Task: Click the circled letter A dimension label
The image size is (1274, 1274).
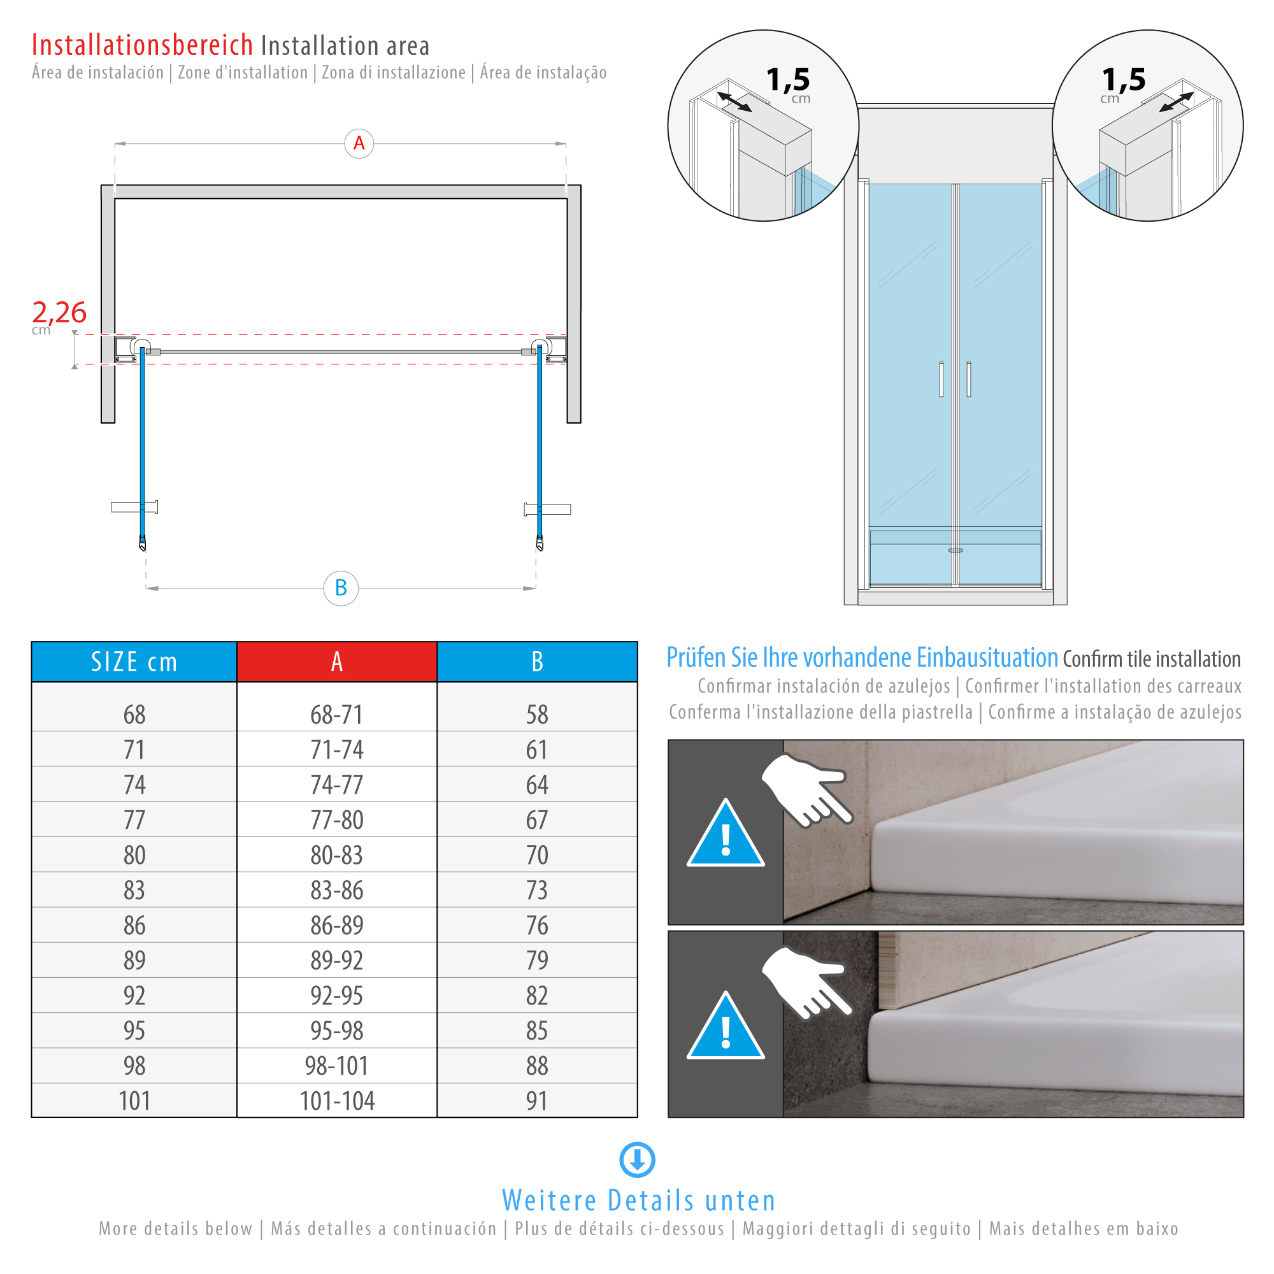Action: pyautogui.click(x=359, y=143)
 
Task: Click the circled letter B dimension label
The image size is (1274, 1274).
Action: pyautogui.click(x=340, y=587)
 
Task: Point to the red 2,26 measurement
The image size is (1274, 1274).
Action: pyautogui.click(x=59, y=312)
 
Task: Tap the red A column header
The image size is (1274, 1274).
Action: pyautogui.click(x=336, y=661)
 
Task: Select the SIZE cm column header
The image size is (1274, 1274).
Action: pyautogui.click(x=134, y=661)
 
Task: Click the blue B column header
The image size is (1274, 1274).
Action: pyautogui.click(x=537, y=661)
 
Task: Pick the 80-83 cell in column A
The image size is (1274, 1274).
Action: pyautogui.click(x=336, y=855)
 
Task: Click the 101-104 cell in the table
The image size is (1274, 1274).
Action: pyautogui.click(x=336, y=1101)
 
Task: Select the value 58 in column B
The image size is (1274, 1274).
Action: pyautogui.click(x=537, y=714)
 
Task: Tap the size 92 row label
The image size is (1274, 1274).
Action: pyautogui.click(x=134, y=995)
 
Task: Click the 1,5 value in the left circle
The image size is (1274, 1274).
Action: pyautogui.click(x=787, y=80)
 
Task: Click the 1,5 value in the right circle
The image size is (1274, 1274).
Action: pyautogui.click(x=1124, y=80)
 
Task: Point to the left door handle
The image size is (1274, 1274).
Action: pyautogui.click(x=941, y=379)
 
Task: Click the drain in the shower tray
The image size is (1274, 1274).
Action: pyautogui.click(x=955, y=550)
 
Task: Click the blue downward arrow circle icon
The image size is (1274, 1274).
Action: pyautogui.click(x=637, y=1159)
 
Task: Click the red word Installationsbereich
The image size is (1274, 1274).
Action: pyautogui.click(x=143, y=45)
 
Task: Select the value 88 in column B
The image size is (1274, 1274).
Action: pyautogui.click(x=537, y=1066)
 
